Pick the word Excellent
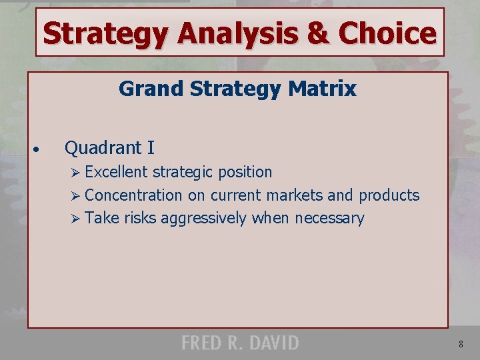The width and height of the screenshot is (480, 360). pos(116,172)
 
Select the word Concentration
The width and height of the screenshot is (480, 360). pos(133,195)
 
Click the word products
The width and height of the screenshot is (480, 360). pos(389,195)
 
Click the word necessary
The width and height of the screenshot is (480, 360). pos(329,219)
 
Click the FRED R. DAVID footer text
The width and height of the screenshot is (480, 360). pos(240,343)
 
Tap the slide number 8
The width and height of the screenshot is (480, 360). pos(461,345)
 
